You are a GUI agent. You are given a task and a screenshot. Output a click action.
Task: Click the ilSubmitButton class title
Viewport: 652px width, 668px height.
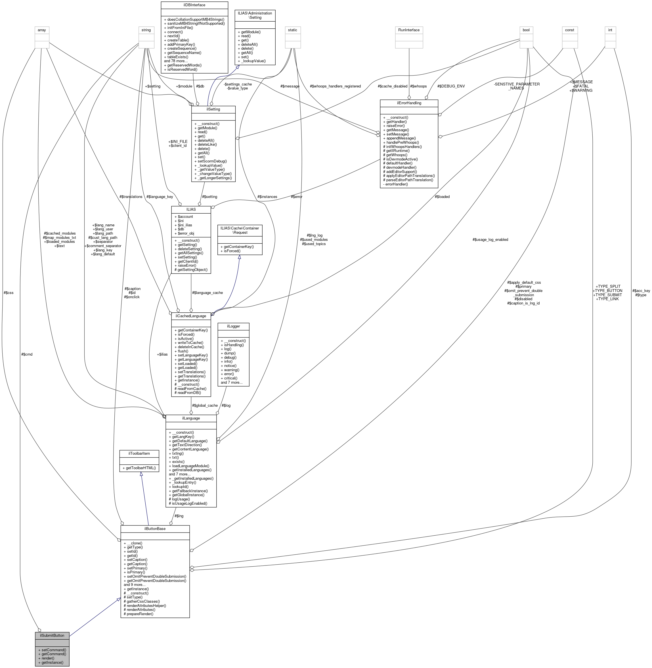click(x=52, y=635)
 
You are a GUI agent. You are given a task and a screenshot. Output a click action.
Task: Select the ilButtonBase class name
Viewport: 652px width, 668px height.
click(x=155, y=529)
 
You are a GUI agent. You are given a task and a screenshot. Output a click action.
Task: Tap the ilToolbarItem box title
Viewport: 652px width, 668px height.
click(x=139, y=453)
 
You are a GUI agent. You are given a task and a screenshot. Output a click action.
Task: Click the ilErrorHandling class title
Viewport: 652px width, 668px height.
click(x=409, y=103)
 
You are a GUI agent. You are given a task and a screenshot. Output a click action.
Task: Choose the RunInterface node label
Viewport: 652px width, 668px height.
click(x=409, y=30)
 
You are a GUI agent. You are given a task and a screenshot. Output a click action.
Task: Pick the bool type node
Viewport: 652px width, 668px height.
click(x=526, y=30)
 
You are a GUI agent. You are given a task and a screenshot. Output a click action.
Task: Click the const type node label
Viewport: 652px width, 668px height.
click(x=569, y=30)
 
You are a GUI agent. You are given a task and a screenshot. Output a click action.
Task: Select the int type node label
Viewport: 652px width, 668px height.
click(x=610, y=30)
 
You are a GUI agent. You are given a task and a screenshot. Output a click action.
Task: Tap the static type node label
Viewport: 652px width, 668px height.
click(x=292, y=30)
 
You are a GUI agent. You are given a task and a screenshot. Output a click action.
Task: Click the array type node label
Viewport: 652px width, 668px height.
click(x=42, y=30)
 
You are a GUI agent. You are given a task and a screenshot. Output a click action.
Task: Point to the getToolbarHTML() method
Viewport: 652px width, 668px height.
click(x=139, y=467)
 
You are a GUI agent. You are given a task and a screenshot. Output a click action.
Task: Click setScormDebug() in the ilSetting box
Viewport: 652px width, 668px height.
click(x=210, y=161)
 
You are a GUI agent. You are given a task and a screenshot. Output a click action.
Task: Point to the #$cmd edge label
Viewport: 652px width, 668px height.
click(x=27, y=354)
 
